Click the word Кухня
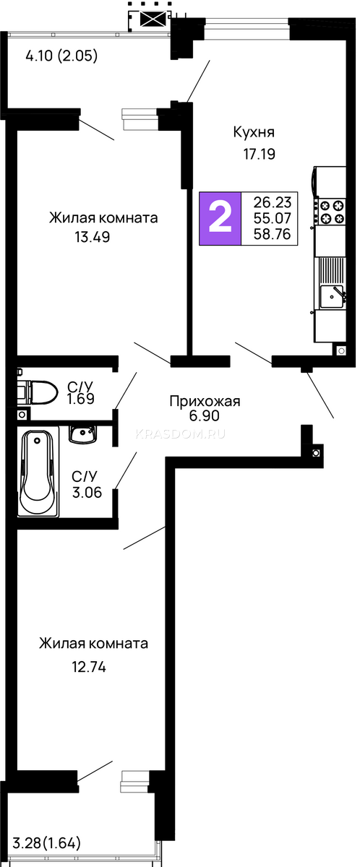[254, 132]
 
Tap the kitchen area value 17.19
[259, 154]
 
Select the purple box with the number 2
[220, 218]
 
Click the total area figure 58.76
[272, 234]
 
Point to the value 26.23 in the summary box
[272, 202]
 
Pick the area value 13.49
[92, 236]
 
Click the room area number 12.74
[89, 667]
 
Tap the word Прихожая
[205, 402]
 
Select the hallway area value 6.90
[204, 415]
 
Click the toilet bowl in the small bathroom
[38, 392]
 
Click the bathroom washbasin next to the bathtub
[82, 434]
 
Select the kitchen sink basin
[332, 296]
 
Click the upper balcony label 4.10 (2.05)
[61, 56]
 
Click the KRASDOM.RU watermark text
[180, 434]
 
